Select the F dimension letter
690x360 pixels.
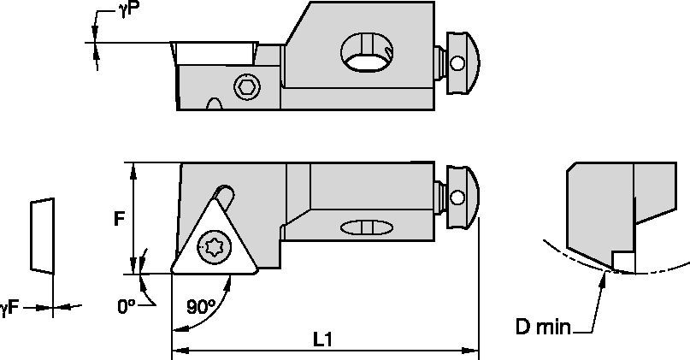point(119,219)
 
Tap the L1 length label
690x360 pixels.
point(323,339)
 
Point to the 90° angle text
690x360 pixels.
point(199,307)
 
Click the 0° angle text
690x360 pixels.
point(127,304)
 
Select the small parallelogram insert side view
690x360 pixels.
point(41,236)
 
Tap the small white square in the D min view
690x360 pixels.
point(623,260)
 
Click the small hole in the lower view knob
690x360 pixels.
point(459,201)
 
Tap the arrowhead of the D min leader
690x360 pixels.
point(605,274)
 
